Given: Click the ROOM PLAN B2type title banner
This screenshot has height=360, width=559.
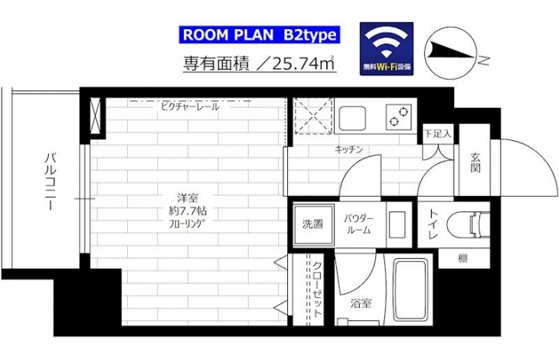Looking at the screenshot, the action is (259, 35).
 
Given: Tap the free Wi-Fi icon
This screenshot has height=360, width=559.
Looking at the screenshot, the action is (387, 49).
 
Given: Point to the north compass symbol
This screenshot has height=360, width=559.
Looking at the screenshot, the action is (450, 53).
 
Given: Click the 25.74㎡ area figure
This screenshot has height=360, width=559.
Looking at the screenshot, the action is (303, 64).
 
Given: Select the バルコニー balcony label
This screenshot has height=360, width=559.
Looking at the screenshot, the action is (50, 182).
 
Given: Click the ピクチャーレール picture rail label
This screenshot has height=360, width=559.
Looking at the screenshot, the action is (190, 106).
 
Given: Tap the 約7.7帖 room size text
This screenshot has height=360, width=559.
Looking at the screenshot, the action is (188, 211).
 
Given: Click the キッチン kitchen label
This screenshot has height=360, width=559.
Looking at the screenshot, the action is (348, 149).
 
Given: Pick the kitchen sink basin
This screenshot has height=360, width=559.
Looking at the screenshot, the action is (352, 119).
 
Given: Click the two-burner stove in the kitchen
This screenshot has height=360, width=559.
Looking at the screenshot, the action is (398, 117).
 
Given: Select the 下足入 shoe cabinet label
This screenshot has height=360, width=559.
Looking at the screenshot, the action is (437, 134).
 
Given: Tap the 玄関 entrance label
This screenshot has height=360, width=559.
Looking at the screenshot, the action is (475, 163).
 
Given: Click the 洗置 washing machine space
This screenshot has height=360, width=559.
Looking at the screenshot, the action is (313, 224).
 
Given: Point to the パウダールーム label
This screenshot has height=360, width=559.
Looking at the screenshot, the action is (358, 224).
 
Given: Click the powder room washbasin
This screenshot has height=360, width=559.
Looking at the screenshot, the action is (397, 224).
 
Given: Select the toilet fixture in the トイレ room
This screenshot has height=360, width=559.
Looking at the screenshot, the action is (468, 224).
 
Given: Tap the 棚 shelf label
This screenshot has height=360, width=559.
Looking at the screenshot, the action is (463, 258).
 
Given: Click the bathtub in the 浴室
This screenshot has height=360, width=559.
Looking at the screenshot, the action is (410, 290).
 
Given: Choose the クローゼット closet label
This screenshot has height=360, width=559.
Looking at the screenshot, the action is (317, 289).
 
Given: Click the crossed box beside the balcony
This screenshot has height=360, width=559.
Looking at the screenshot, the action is (95, 116).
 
